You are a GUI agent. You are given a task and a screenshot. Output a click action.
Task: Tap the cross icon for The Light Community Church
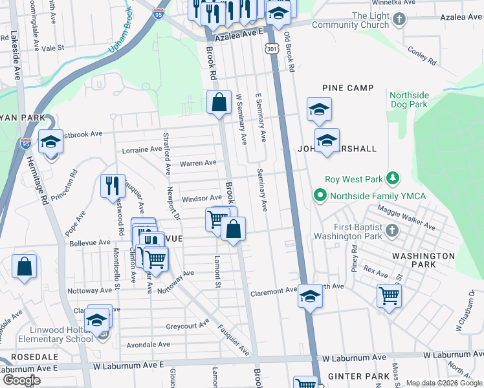point(399,19)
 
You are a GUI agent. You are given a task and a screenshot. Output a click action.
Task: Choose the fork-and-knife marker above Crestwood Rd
point(113,186)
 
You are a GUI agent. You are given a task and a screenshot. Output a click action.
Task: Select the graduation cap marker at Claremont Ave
point(310,296)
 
